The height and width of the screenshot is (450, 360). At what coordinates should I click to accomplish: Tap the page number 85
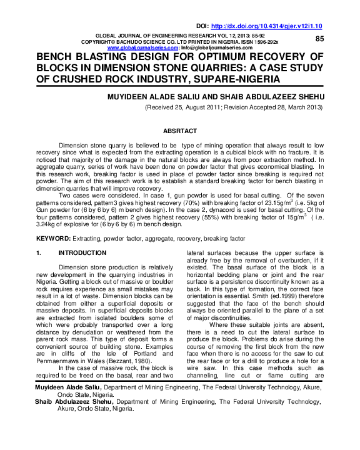point(319,39)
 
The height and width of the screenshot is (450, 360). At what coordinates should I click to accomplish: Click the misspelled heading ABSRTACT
point(179,131)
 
